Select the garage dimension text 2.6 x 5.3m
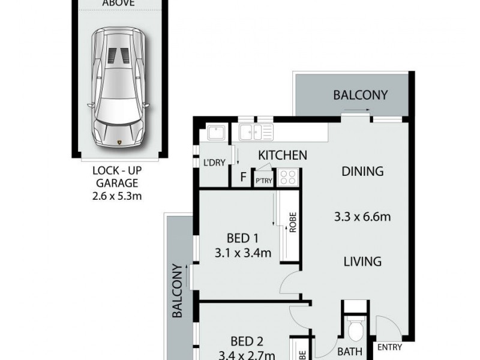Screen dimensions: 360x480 (x=119, y=196)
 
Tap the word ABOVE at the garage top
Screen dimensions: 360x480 (x=118, y=3)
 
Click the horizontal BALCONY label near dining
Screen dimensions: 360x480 (x=360, y=95)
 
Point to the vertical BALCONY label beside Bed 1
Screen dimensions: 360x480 (x=178, y=290)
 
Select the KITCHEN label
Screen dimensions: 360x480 (x=282, y=155)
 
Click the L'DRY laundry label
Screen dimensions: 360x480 (x=214, y=163)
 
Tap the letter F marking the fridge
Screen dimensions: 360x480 (x=243, y=177)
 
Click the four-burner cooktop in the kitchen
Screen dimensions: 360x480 (x=288, y=177)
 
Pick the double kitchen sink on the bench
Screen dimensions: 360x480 (x=256, y=131)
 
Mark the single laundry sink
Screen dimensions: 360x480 (x=215, y=133)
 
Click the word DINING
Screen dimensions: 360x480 (x=362, y=172)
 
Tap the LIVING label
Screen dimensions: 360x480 (x=362, y=262)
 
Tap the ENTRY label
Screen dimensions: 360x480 (x=389, y=347)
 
